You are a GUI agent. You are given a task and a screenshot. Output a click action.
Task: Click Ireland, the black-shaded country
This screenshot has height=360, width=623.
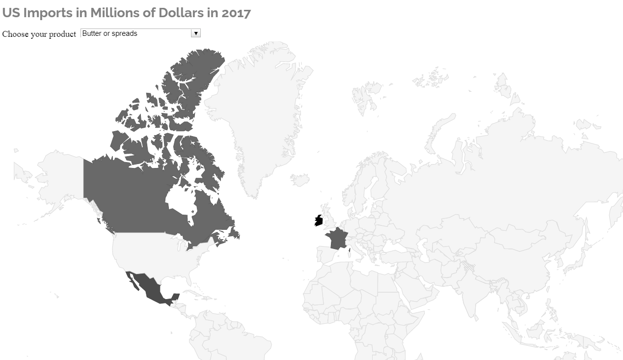319,221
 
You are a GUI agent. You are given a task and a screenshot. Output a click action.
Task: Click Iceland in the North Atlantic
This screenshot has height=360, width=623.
300,179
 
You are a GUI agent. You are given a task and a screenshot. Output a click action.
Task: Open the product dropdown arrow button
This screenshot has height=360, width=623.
196,33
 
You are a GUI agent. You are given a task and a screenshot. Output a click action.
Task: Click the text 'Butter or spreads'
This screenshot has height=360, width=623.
110,33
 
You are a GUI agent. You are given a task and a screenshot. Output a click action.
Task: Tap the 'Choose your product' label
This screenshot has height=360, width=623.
39,34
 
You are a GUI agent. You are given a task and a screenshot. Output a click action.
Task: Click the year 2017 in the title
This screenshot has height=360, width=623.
236,13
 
